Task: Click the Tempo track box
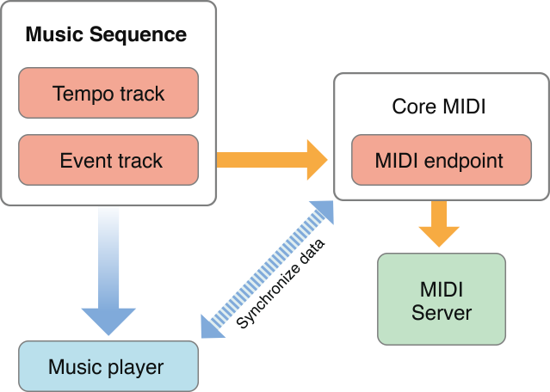coord(108,93)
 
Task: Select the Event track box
coord(108,160)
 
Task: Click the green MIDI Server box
coord(442,299)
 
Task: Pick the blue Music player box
coord(108,367)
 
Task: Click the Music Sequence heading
coord(106,35)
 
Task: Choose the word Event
coord(83,160)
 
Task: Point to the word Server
coord(442,311)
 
